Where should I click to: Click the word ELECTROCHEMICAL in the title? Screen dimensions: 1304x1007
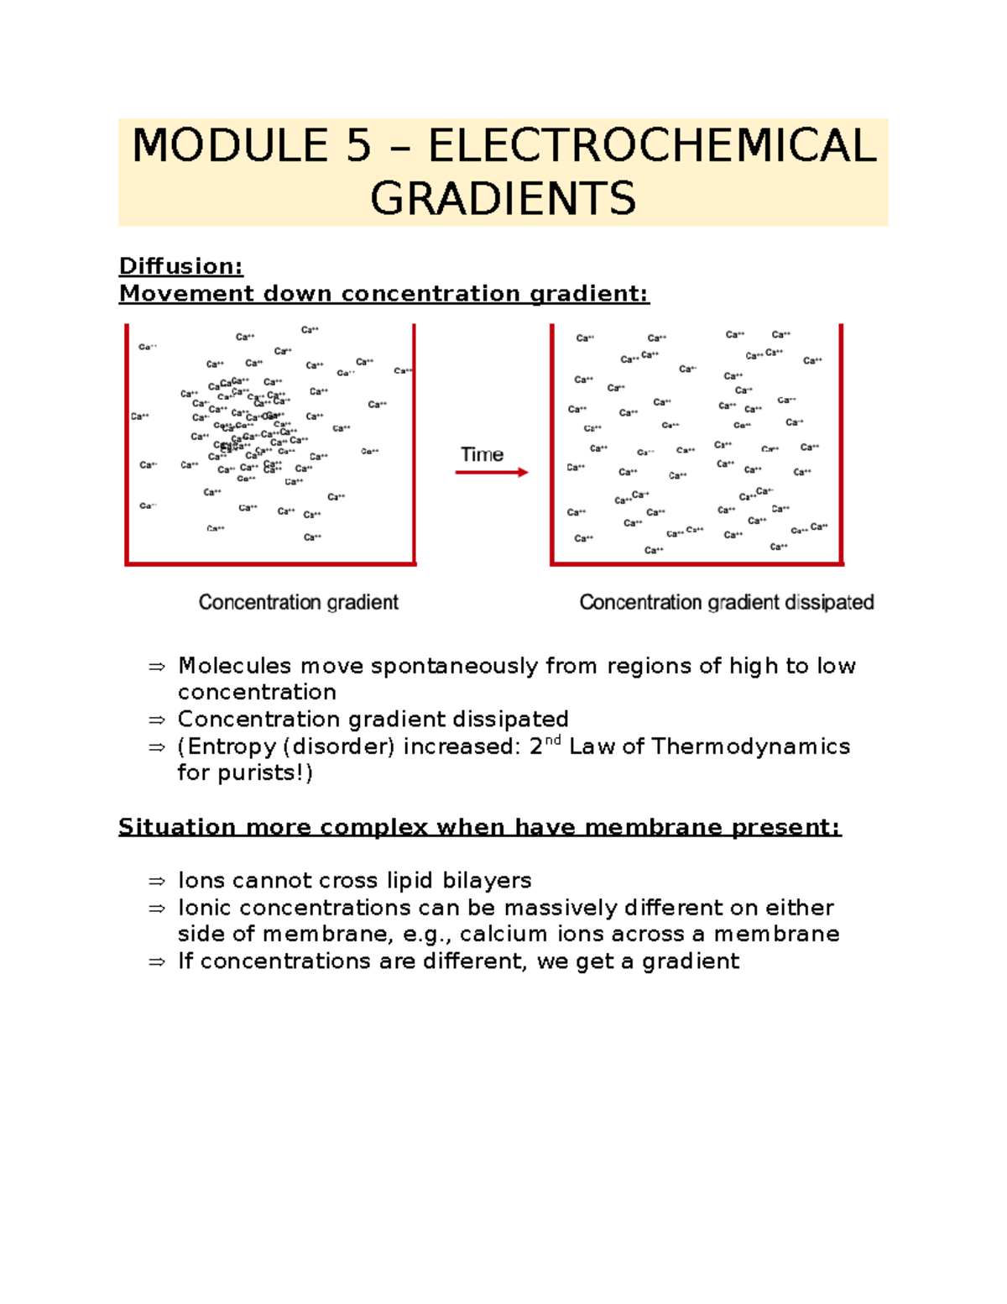tap(652, 146)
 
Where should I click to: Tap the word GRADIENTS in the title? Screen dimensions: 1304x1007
tap(503, 199)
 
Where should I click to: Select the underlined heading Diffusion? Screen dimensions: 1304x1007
tap(180, 266)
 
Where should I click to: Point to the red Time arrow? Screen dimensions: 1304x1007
tap(492, 473)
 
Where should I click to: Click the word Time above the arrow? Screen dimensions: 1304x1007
tap(482, 454)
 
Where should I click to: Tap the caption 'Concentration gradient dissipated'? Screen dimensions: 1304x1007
tap(727, 602)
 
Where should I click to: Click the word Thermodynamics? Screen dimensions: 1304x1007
tap(750, 746)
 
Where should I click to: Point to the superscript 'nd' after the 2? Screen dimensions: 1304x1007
tap(552, 741)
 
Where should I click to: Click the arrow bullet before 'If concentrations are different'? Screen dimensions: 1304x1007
tap(157, 962)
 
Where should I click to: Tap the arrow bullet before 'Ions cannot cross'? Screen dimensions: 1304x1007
tap(157, 882)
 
